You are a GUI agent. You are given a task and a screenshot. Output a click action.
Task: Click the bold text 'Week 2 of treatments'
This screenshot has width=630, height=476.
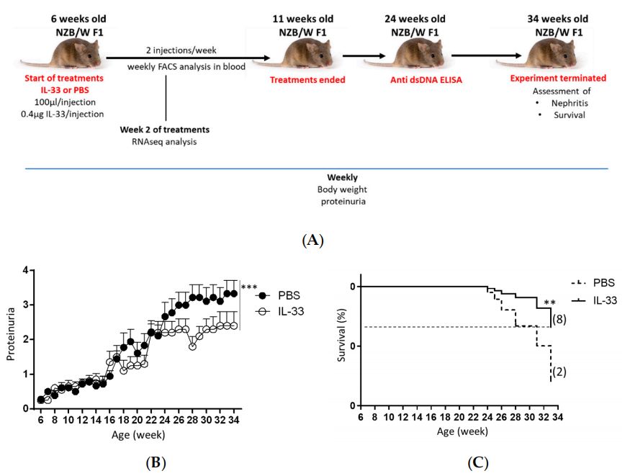(165, 130)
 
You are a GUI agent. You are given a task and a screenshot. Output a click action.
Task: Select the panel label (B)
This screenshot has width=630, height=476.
(153, 462)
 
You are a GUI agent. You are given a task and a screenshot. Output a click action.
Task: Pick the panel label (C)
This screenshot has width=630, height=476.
(477, 462)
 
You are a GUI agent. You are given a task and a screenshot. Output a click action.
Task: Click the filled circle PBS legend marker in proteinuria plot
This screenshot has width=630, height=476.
(265, 296)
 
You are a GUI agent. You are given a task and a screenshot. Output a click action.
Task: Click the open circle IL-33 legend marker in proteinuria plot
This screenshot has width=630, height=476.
(265, 311)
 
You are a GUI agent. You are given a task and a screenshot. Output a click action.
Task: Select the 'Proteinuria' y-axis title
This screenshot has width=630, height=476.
(9, 340)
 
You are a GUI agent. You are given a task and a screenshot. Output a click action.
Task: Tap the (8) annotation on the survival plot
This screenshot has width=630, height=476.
(560, 319)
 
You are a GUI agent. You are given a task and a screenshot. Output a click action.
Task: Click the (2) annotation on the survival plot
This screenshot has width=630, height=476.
(561, 372)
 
